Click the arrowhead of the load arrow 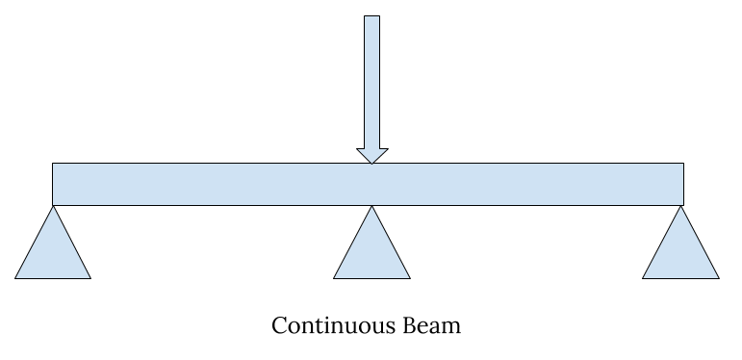371,156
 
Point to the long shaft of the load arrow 371,82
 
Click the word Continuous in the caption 330,325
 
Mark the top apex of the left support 53,206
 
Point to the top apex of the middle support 371,206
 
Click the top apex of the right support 680,206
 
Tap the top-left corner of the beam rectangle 53,164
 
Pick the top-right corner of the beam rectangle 683,164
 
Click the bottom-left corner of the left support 15,278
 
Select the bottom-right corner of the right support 718,278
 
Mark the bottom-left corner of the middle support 334,278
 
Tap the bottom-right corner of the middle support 410,278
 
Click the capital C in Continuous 279,325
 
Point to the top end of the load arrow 371,16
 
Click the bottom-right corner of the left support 90,278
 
